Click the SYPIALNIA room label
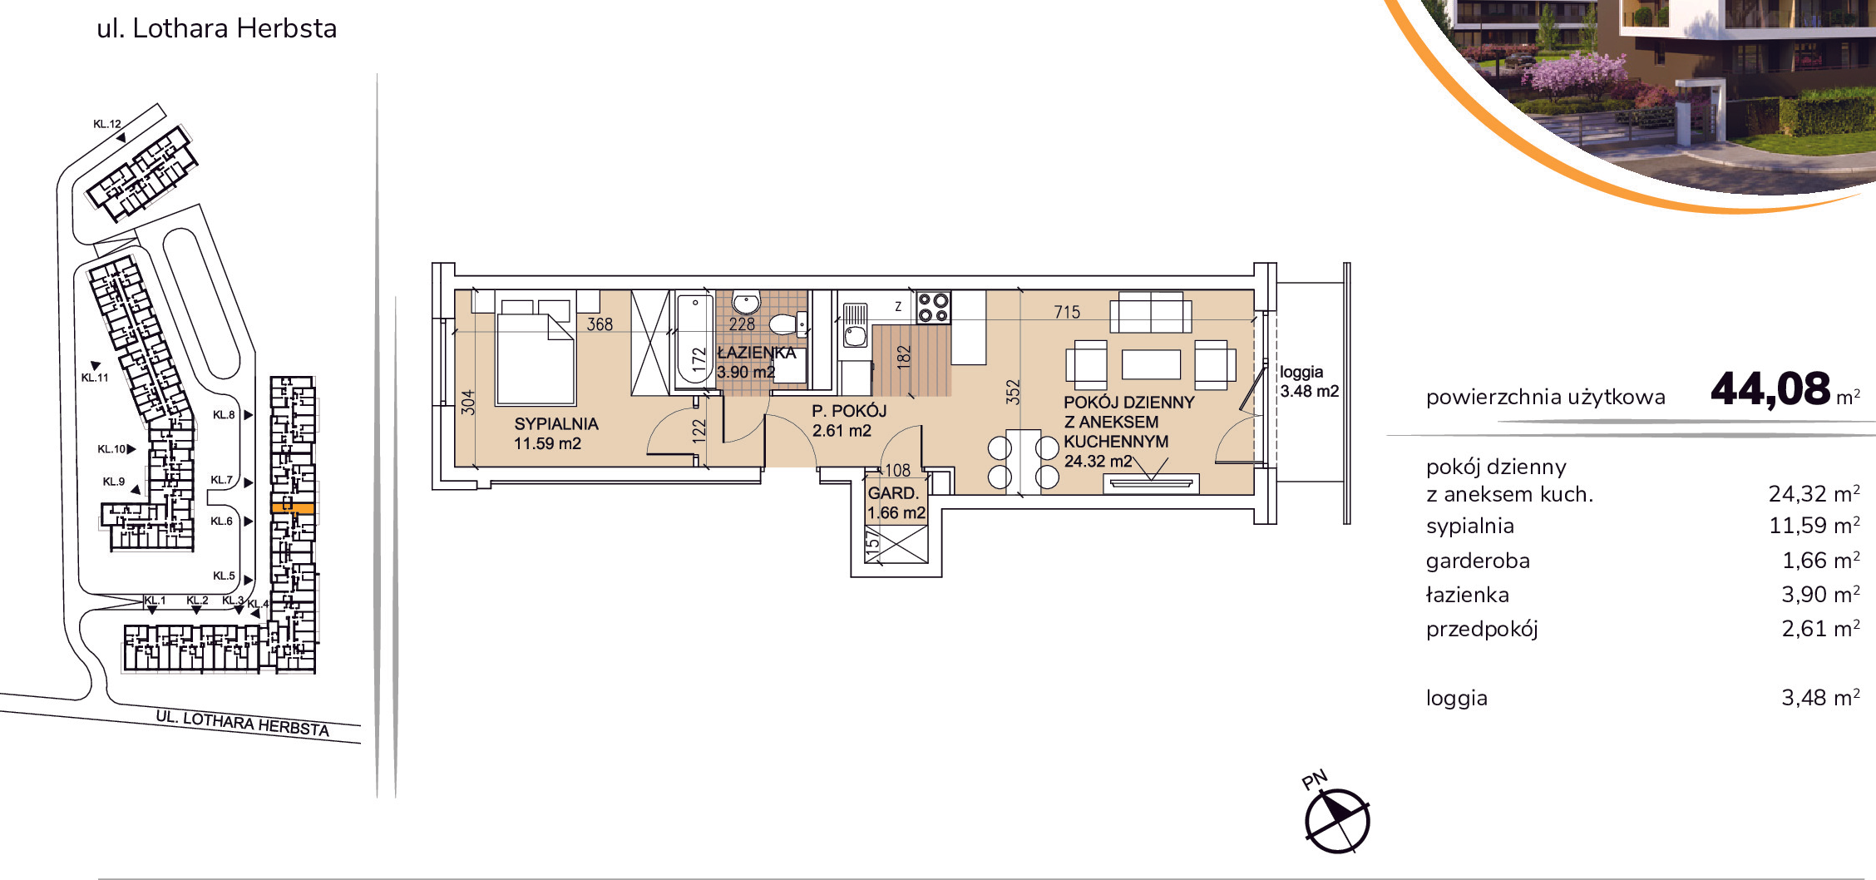(x=556, y=423)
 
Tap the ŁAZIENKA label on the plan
(x=757, y=353)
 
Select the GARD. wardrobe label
(x=893, y=493)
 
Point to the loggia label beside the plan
(x=1301, y=372)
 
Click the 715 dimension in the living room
(x=1067, y=312)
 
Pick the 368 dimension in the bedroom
(x=600, y=324)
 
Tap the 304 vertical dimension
(x=468, y=403)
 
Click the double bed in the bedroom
(x=536, y=348)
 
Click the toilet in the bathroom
(x=787, y=323)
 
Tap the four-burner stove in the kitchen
(x=933, y=308)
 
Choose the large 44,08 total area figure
(x=1770, y=388)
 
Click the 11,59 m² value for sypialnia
(x=1814, y=525)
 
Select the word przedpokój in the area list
(x=1482, y=630)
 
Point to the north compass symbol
(x=1336, y=820)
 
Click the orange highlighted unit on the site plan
(x=293, y=507)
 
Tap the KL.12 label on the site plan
(x=107, y=124)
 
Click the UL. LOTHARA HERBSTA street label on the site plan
(x=243, y=723)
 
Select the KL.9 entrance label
(x=114, y=482)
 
